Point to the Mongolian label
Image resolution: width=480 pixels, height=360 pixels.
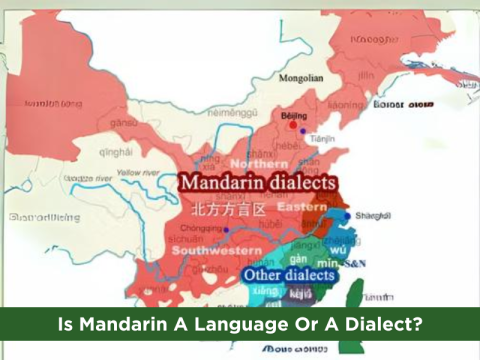(302, 77)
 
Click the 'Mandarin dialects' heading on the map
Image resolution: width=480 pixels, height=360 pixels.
(257, 185)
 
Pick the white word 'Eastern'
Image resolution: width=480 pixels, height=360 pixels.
(302, 206)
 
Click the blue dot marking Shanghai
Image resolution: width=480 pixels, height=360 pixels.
(348, 215)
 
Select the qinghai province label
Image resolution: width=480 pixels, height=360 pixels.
(115, 152)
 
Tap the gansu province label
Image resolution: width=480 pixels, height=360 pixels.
(124, 122)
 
